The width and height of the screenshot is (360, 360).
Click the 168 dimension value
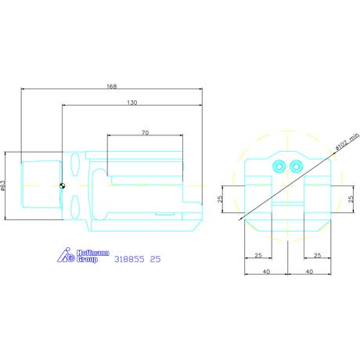coord(112,86)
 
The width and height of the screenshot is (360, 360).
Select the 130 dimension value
coord(132,103)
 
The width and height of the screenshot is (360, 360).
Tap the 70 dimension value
coord(146,133)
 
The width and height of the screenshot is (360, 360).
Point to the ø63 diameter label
coord(3,185)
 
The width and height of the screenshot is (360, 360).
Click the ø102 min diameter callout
coord(347,142)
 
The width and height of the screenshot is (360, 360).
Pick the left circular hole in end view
coord(279,167)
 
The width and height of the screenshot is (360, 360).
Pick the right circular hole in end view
coord(296,167)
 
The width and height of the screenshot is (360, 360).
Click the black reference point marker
coord(62,186)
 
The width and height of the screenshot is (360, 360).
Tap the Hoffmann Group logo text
coord(92,256)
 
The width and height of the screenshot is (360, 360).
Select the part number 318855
coord(129,259)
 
